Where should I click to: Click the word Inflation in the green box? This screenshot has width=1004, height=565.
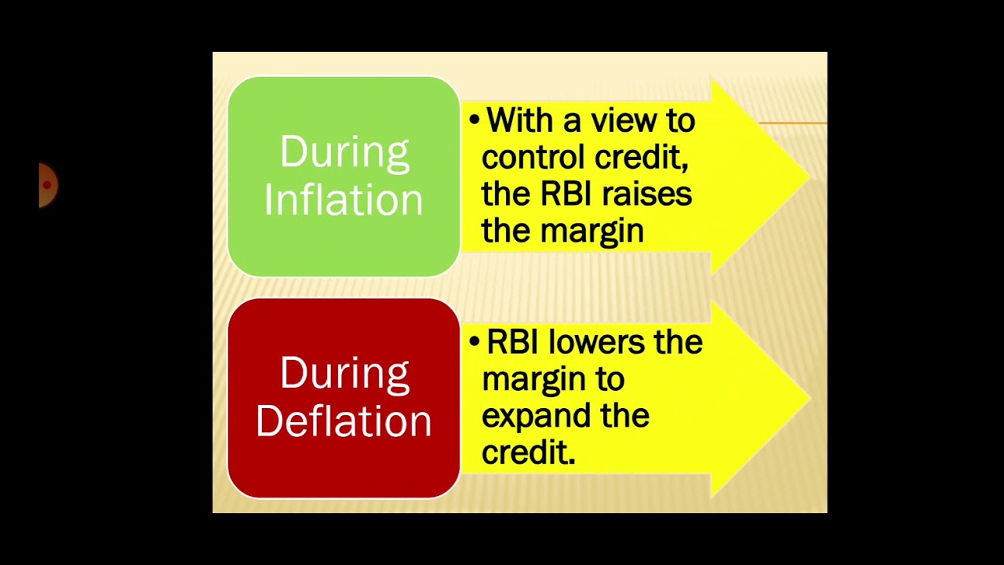(x=344, y=200)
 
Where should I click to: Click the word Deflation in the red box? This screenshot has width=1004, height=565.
(x=344, y=421)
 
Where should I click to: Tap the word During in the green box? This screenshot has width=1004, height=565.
(x=344, y=151)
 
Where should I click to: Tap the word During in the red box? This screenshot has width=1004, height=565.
(x=344, y=373)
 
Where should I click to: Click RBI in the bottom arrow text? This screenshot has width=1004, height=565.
(x=513, y=342)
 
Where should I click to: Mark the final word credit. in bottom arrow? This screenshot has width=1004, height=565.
(x=528, y=453)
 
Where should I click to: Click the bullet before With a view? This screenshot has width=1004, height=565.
(x=474, y=121)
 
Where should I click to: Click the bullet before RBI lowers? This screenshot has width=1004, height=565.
(x=474, y=342)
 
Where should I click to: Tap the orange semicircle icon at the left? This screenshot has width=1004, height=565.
(x=48, y=185)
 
